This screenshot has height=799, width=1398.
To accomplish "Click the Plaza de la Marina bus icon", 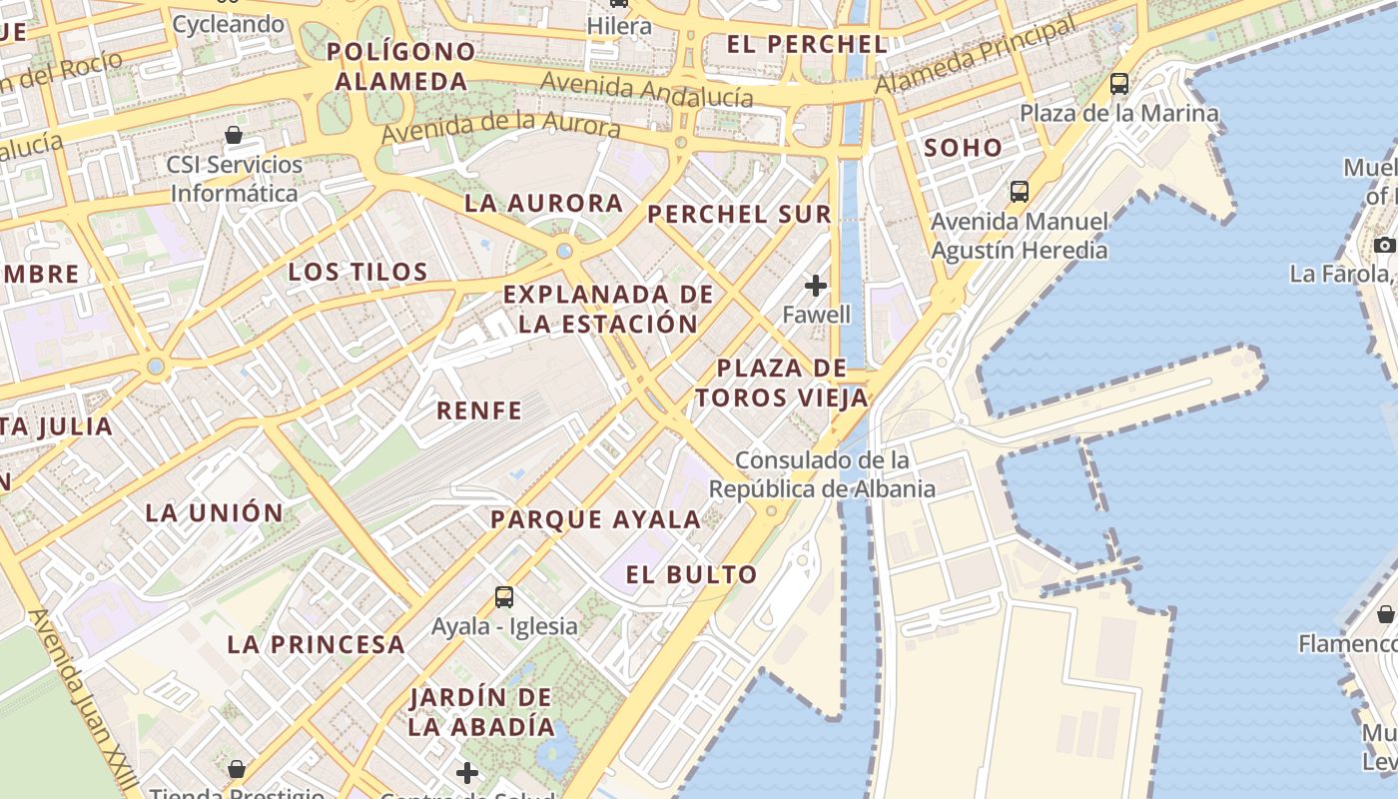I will click(x=1118, y=84).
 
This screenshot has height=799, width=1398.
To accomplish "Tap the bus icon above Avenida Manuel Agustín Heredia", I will click(x=1019, y=191).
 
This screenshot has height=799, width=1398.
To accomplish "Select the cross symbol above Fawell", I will click(x=816, y=286).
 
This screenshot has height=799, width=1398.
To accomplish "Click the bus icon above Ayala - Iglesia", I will click(x=504, y=597).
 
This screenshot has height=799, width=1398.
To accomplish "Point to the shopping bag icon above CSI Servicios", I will click(x=234, y=135).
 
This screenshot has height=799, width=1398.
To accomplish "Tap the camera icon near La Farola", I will click(x=1384, y=245).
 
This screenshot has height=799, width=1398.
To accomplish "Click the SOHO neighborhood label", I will click(x=963, y=148).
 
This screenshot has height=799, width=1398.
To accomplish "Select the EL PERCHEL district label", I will click(x=807, y=44).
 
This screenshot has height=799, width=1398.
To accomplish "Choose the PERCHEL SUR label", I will click(x=739, y=214).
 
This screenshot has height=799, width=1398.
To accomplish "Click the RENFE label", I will click(x=479, y=409).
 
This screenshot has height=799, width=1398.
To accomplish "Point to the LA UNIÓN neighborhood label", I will click(x=215, y=513).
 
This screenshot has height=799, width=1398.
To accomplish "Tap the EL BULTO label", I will click(x=691, y=574).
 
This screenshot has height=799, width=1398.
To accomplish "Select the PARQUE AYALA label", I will click(x=595, y=519).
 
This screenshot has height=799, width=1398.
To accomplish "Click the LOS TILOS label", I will click(x=357, y=272).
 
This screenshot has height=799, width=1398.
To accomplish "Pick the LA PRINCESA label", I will click(x=316, y=644).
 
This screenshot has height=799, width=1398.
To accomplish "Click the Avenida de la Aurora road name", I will click(x=501, y=125).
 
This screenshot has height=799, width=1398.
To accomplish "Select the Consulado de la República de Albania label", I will click(x=822, y=474).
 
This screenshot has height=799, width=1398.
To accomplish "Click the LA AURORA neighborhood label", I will click(x=543, y=203).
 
